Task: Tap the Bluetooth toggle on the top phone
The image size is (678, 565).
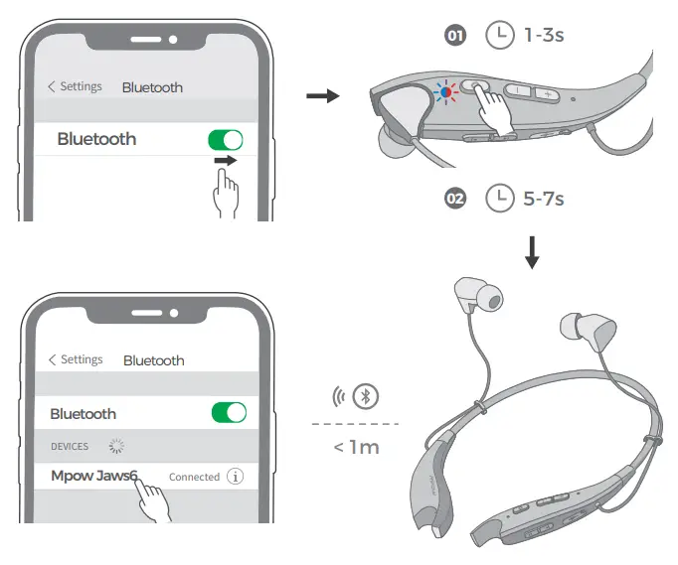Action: pos(226,139)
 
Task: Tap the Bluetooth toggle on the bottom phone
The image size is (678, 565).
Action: pos(228,413)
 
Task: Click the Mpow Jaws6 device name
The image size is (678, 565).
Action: pos(93,476)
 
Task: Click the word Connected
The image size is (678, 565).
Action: pos(194,477)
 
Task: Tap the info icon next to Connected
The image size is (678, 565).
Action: pos(236,477)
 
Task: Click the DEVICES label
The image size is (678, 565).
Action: pos(70,447)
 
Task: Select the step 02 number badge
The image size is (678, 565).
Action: pos(455,199)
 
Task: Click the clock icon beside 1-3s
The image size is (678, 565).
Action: pos(499,36)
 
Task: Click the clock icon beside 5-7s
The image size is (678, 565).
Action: pos(499,199)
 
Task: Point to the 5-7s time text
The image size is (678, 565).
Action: pos(544,199)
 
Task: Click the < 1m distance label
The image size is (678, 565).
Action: pos(356,447)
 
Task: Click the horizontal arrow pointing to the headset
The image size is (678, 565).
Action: pos(322,95)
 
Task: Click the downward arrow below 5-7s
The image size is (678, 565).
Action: pos(532,253)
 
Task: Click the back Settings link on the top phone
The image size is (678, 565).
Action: pos(75,86)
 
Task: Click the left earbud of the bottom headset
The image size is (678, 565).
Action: pos(467,294)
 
